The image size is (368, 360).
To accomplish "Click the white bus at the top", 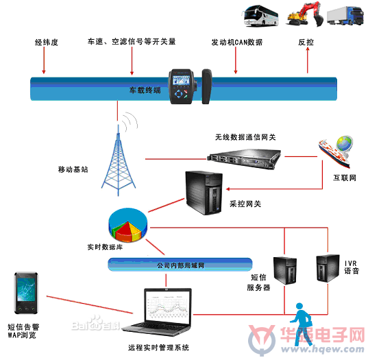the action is pos(260,16).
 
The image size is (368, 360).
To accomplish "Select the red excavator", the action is pos(305,14).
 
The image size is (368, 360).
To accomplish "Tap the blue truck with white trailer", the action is pos(345,16).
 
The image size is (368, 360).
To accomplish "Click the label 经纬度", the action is pos(46,43).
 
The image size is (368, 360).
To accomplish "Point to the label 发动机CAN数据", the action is pos(237,43).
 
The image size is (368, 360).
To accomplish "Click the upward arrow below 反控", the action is pos(308,60).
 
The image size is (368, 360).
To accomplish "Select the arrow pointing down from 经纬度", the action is pos(44,60).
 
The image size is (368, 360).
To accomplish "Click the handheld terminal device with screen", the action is pos(182,86).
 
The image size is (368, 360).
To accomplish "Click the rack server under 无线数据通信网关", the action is pos(244,159).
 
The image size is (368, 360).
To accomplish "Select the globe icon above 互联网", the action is pos(344,143).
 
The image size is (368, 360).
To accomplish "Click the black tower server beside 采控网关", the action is pos(204,193).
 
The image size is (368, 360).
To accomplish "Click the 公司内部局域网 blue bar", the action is pos(180,265).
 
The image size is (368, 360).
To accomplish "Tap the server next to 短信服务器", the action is pos(285,271).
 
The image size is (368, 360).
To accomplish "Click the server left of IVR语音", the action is pos(328,268).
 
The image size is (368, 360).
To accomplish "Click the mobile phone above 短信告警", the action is pos(26,293).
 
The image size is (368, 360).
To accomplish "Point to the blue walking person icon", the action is pos(301,324).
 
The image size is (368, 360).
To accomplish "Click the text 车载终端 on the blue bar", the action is pos(145,91).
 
